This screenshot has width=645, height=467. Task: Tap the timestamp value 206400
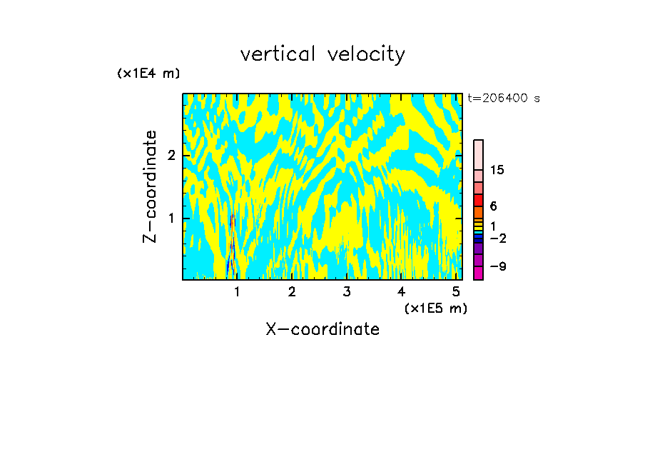point(507,98)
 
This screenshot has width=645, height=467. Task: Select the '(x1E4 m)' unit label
point(148,73)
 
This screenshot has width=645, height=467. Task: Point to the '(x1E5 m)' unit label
point(435,308)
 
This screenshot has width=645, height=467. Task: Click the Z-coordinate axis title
point(150,186)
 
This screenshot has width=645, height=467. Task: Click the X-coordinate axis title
point(322,329)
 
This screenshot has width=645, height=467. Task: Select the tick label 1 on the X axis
point(237,292)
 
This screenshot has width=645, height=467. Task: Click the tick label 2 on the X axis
point(292,292)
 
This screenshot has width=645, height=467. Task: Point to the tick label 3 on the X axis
point(346,292)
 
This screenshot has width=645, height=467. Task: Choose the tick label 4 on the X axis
point(401,292)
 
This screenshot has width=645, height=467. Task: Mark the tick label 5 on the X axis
point(456,292)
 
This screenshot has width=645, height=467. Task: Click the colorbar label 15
point(497,170)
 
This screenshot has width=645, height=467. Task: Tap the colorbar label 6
point(493,206)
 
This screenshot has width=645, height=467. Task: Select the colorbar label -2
point(497,238)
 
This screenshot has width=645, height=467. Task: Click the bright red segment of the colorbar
point(478,200)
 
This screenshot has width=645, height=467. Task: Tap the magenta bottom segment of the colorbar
point(478,273)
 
